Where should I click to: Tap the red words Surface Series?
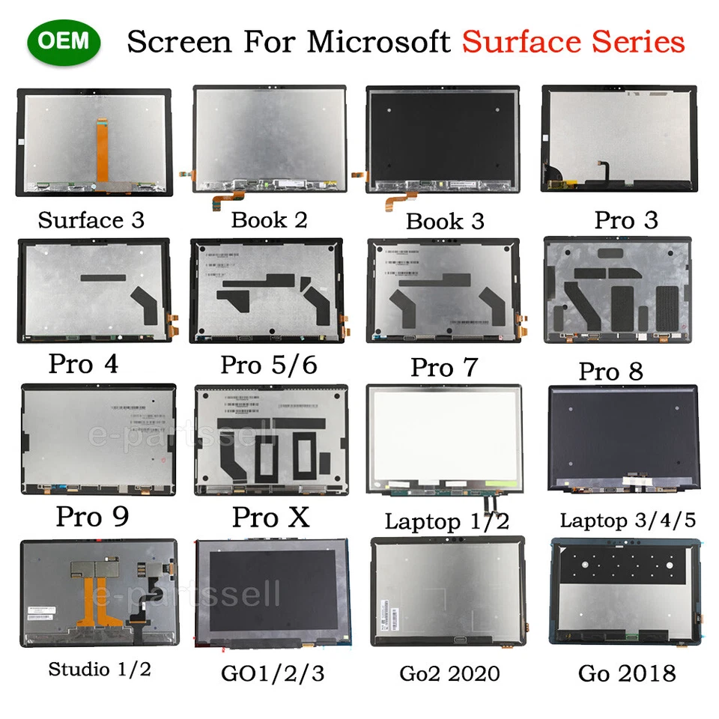point(573,42)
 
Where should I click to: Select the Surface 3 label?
point(91,220)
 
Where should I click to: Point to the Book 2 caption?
point(269,219)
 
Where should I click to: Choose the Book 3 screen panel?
point(443,139)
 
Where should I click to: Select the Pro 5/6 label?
point(268,365)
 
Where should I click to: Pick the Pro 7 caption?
point(443,368)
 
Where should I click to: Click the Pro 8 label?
point(610,371)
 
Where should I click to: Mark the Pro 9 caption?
point(92,517)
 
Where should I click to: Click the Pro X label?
point(270,517)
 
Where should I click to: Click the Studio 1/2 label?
point(99,668)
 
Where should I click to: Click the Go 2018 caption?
point(626,672)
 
